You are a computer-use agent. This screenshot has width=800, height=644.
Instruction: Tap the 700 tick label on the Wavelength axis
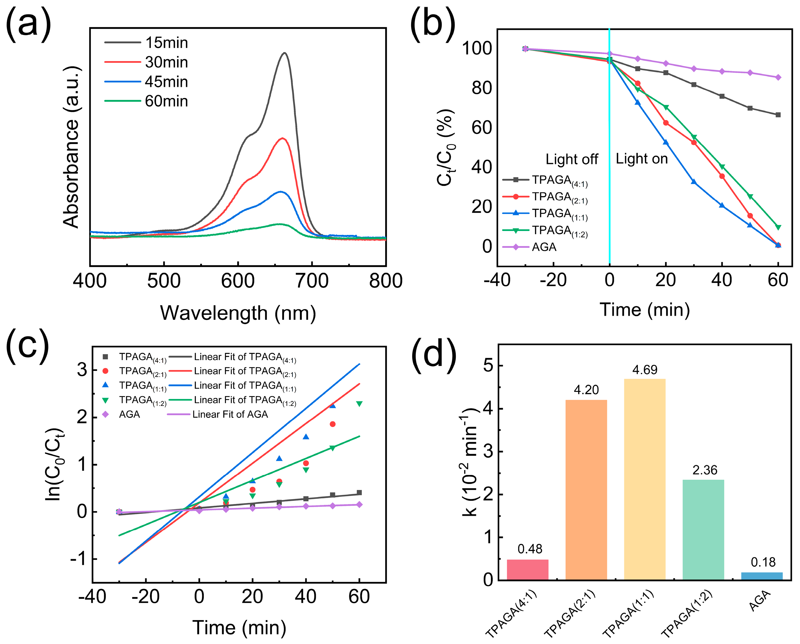tap(312, 281)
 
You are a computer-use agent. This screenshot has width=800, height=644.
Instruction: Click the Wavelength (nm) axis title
tap(238, 313)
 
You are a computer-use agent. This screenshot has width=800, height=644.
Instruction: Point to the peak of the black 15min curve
tap(285, 53)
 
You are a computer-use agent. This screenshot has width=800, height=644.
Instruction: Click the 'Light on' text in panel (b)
tap(642, 159)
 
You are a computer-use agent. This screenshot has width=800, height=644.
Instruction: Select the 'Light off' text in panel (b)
tap(571, 159)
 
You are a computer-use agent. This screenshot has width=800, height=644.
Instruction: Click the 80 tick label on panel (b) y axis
tap(481, 88)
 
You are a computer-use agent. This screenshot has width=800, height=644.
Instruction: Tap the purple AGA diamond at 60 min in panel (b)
tap(778, 77)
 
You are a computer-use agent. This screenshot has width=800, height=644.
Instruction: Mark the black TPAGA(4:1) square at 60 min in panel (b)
tap(778, 115)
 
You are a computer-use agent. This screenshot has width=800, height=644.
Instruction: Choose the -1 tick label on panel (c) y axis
tap(79, 559)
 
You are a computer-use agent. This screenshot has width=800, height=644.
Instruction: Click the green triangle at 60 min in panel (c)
tap(359, 404)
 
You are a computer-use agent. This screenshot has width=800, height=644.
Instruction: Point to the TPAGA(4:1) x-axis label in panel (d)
tap(511, 614)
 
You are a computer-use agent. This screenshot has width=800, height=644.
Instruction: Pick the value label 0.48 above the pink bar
tap(530, 549)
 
